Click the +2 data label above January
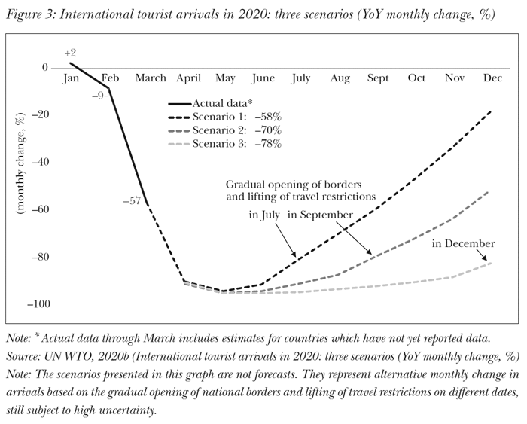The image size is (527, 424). [x=70, y=53]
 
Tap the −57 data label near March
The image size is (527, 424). [x=132, y=200]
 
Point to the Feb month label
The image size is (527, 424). [x=110, y=78]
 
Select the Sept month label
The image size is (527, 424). [x=378, y=78]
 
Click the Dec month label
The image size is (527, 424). [x=493, y=78]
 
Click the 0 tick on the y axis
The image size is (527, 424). [x=45, y=68]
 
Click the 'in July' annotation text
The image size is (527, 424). [x=265, y=215]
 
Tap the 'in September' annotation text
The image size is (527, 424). [x=320, y=215]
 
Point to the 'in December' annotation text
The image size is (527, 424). [x=463, y=243]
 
